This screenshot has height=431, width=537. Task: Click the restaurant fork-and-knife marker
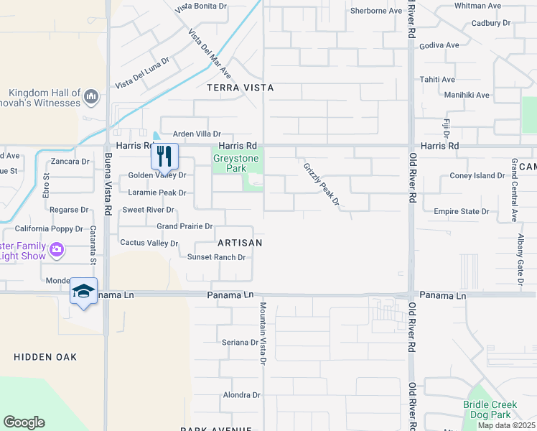pos(164,155)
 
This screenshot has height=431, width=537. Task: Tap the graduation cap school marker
pos(83,291)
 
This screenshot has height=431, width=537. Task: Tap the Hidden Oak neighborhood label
pos(45,357)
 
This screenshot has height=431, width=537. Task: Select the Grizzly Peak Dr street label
pos(320,184)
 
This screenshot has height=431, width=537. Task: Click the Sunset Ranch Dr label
pos(216,257)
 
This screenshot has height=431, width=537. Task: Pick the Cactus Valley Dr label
pos(149,243)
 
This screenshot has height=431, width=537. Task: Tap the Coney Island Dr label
pos(477,175)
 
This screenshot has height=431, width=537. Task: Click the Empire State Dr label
pos(461,211)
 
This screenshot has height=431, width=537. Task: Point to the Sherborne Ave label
pos(375,11)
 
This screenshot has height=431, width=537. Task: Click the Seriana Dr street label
pos(240,342)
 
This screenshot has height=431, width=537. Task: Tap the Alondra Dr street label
pos(241,395)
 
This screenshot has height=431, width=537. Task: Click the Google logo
pos(24,422)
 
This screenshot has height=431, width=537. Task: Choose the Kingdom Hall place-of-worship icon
pos(91,96)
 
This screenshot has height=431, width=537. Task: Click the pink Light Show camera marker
pos(57,251)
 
